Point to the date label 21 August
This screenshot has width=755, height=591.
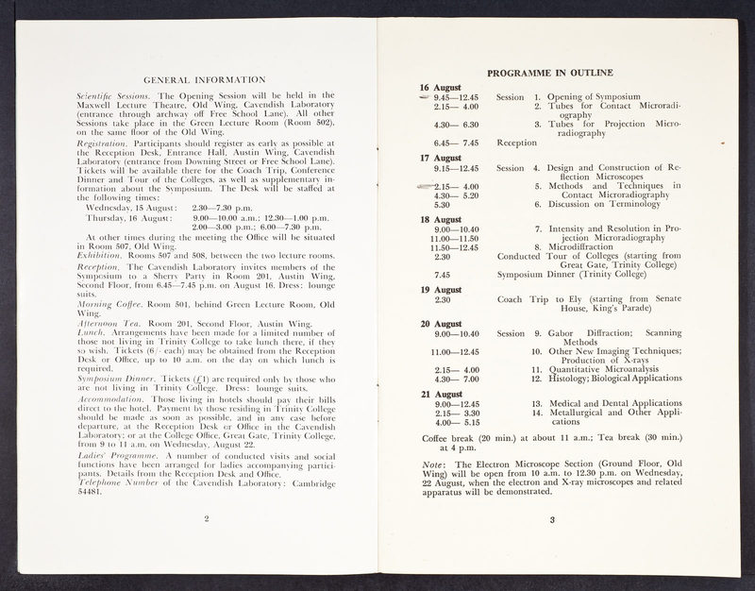pos(440,394)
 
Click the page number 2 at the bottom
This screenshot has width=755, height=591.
pos(206,518)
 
